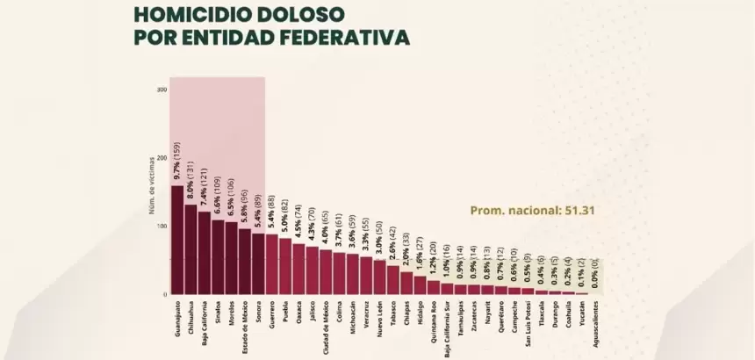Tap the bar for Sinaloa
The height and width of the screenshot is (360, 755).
(x=218, y=256)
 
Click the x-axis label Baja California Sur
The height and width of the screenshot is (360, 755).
(x=448, y=327)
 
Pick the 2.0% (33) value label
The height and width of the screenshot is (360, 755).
(x=406, y=248)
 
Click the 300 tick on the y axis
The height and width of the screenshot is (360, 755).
(x=162, y=90)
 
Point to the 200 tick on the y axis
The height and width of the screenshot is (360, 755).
(x=162, y=157)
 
